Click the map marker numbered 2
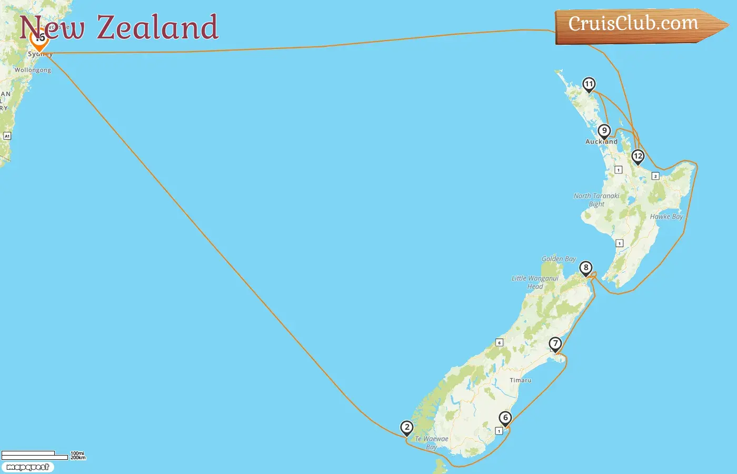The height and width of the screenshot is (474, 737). [406, 428]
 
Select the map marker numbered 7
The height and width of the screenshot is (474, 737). [555, 344]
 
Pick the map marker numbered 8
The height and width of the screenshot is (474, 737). [585, 268]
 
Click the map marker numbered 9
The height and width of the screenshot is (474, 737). [604, 131]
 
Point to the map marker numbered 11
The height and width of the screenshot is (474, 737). [589, 84]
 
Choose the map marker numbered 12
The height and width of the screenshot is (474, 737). [638, 156]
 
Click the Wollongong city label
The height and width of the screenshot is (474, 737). [33, 70]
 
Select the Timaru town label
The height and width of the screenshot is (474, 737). [520, 380]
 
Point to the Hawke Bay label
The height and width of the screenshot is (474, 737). [666, 216]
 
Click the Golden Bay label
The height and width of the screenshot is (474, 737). [559, 259]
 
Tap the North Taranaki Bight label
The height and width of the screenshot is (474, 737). [596, 200]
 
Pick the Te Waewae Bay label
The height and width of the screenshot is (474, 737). [432, 442]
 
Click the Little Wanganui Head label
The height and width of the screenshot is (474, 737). [535, 282]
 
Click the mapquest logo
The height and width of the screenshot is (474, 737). [27, 467]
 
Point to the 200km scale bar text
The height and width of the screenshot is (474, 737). [78, 458]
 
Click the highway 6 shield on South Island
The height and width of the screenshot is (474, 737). [499, 343]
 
